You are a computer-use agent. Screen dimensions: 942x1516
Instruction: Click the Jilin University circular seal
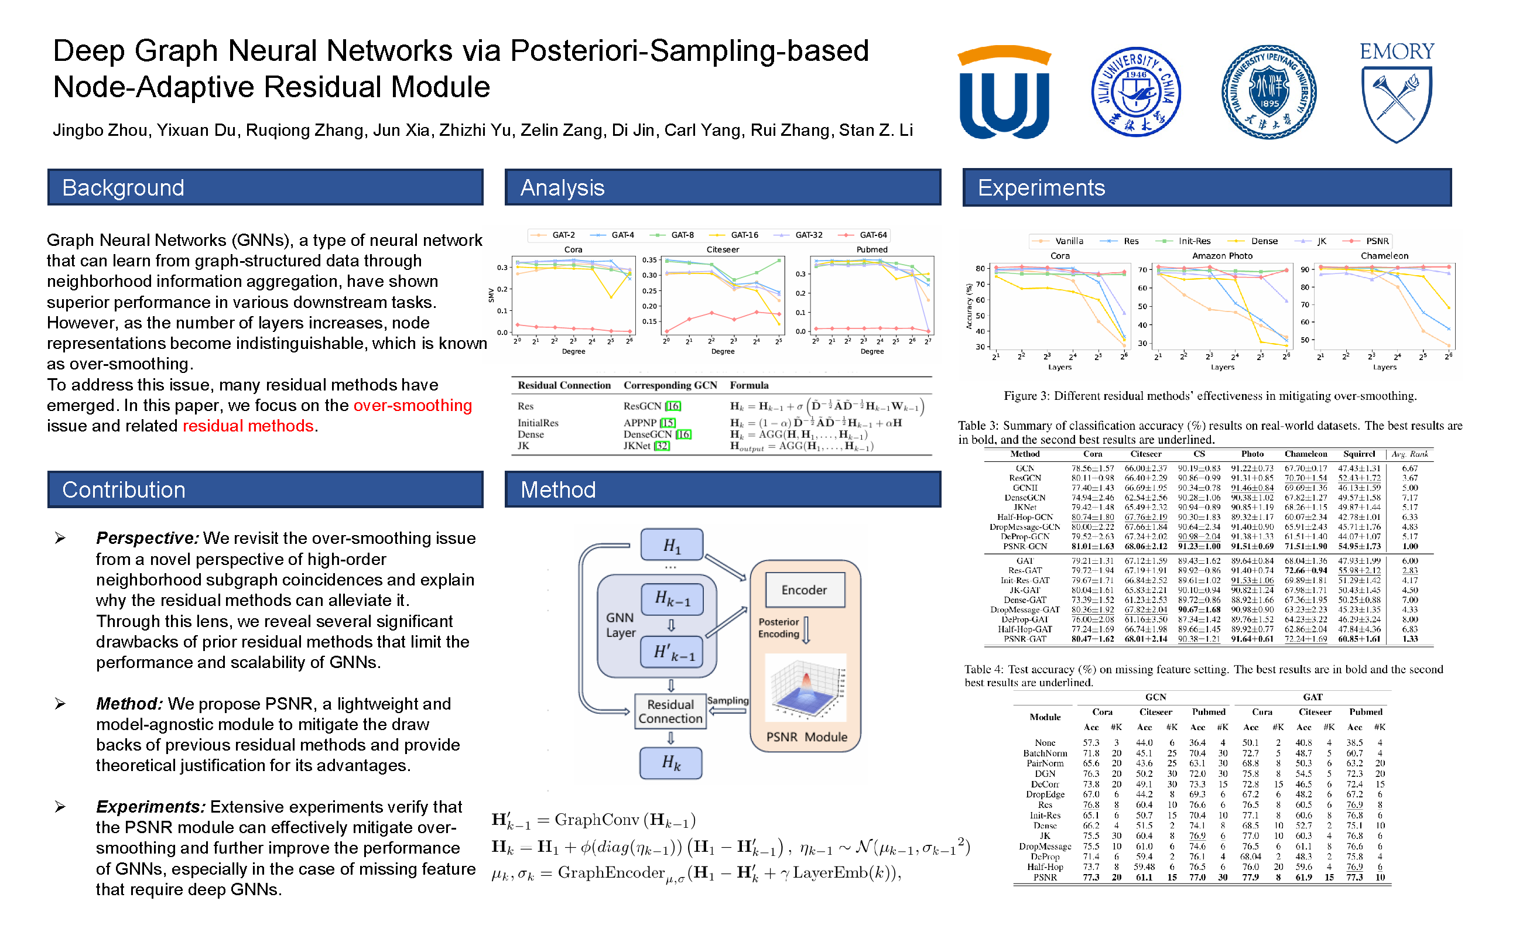pos(1135,92)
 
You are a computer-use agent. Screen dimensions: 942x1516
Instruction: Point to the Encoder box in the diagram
pos(804,590)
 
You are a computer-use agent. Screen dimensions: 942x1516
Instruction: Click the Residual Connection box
pos(670,711)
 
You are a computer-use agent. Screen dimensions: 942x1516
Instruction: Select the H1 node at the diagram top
pos(672,546)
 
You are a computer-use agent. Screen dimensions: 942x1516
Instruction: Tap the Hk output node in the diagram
pos(671,763)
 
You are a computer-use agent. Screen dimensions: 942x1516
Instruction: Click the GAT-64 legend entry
pos(872,235)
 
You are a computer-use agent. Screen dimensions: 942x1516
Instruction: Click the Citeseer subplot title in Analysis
pos(723,250)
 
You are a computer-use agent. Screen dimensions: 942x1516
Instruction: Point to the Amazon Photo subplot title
pos(1222,256)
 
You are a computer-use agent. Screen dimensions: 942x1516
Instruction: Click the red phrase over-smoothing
pos(412,406)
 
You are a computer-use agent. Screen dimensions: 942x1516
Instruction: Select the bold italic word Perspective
pos(147,538)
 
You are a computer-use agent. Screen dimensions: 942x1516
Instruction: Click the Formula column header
pos(749,386)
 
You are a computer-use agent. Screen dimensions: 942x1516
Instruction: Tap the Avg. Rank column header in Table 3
pos(1410,454)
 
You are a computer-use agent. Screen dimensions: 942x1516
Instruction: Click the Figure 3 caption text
pos(1210,396)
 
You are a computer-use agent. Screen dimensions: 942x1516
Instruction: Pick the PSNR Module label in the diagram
pos(806,737)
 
